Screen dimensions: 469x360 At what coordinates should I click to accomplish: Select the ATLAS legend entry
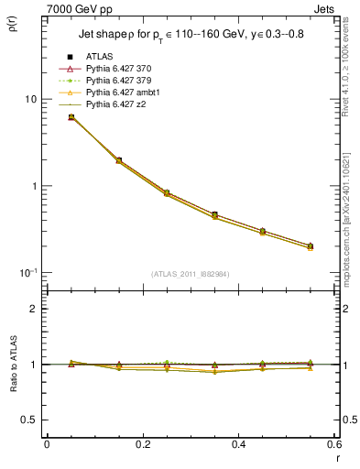[98, 57]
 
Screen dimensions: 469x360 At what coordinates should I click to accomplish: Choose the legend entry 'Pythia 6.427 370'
[116, 69]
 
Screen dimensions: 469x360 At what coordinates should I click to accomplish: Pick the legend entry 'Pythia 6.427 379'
[116, 81]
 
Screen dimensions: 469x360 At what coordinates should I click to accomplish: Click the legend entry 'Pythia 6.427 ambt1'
[120, 93]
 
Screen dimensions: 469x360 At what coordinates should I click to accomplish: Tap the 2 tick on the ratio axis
[34, 309]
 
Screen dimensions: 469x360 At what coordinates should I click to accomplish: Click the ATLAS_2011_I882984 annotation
[191, 274]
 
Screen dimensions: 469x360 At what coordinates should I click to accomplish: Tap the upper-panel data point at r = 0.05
[71, 117]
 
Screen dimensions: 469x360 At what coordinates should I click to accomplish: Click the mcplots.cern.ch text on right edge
[353, 229]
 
